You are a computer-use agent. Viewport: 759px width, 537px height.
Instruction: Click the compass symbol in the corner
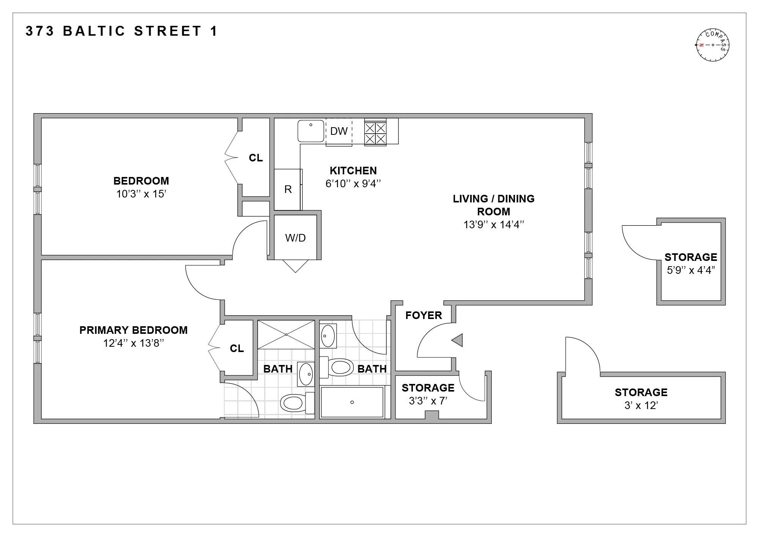[x=712, y=45]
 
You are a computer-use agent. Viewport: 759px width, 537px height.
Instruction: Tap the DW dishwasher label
[x=339, y=131]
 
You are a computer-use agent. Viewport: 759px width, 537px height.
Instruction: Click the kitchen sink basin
[x=311, y=131]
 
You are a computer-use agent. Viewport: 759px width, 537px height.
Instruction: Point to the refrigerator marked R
[x=288, y=190]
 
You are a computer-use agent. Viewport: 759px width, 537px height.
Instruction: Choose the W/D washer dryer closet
[x=295, y=238]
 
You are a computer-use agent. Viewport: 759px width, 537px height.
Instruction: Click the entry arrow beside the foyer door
[x=458, y=340]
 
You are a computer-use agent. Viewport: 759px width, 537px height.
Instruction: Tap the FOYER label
[x=424, y=316]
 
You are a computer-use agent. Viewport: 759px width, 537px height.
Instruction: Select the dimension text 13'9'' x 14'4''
[x=493, y=225]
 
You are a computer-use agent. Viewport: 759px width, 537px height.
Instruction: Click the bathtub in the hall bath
[x=352, y=402]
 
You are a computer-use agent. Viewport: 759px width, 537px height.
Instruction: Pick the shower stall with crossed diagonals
[x=286, y=335]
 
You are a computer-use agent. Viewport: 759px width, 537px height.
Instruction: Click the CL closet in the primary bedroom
[x=237, y=349]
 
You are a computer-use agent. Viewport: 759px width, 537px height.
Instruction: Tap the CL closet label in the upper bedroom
[x=255, y=158]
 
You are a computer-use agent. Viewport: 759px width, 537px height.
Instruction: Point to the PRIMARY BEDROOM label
[x=133, y=330]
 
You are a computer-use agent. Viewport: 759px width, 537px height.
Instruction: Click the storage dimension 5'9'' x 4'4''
[x=691, y=270]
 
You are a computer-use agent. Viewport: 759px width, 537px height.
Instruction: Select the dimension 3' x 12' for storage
[x=641, y=406]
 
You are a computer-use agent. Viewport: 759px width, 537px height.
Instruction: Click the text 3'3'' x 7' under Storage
[x=428, y=401]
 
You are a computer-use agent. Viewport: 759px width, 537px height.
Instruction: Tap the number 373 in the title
[x=40, y=31]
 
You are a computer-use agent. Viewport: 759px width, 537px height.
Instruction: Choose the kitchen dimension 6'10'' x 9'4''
[x=353, y=184]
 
